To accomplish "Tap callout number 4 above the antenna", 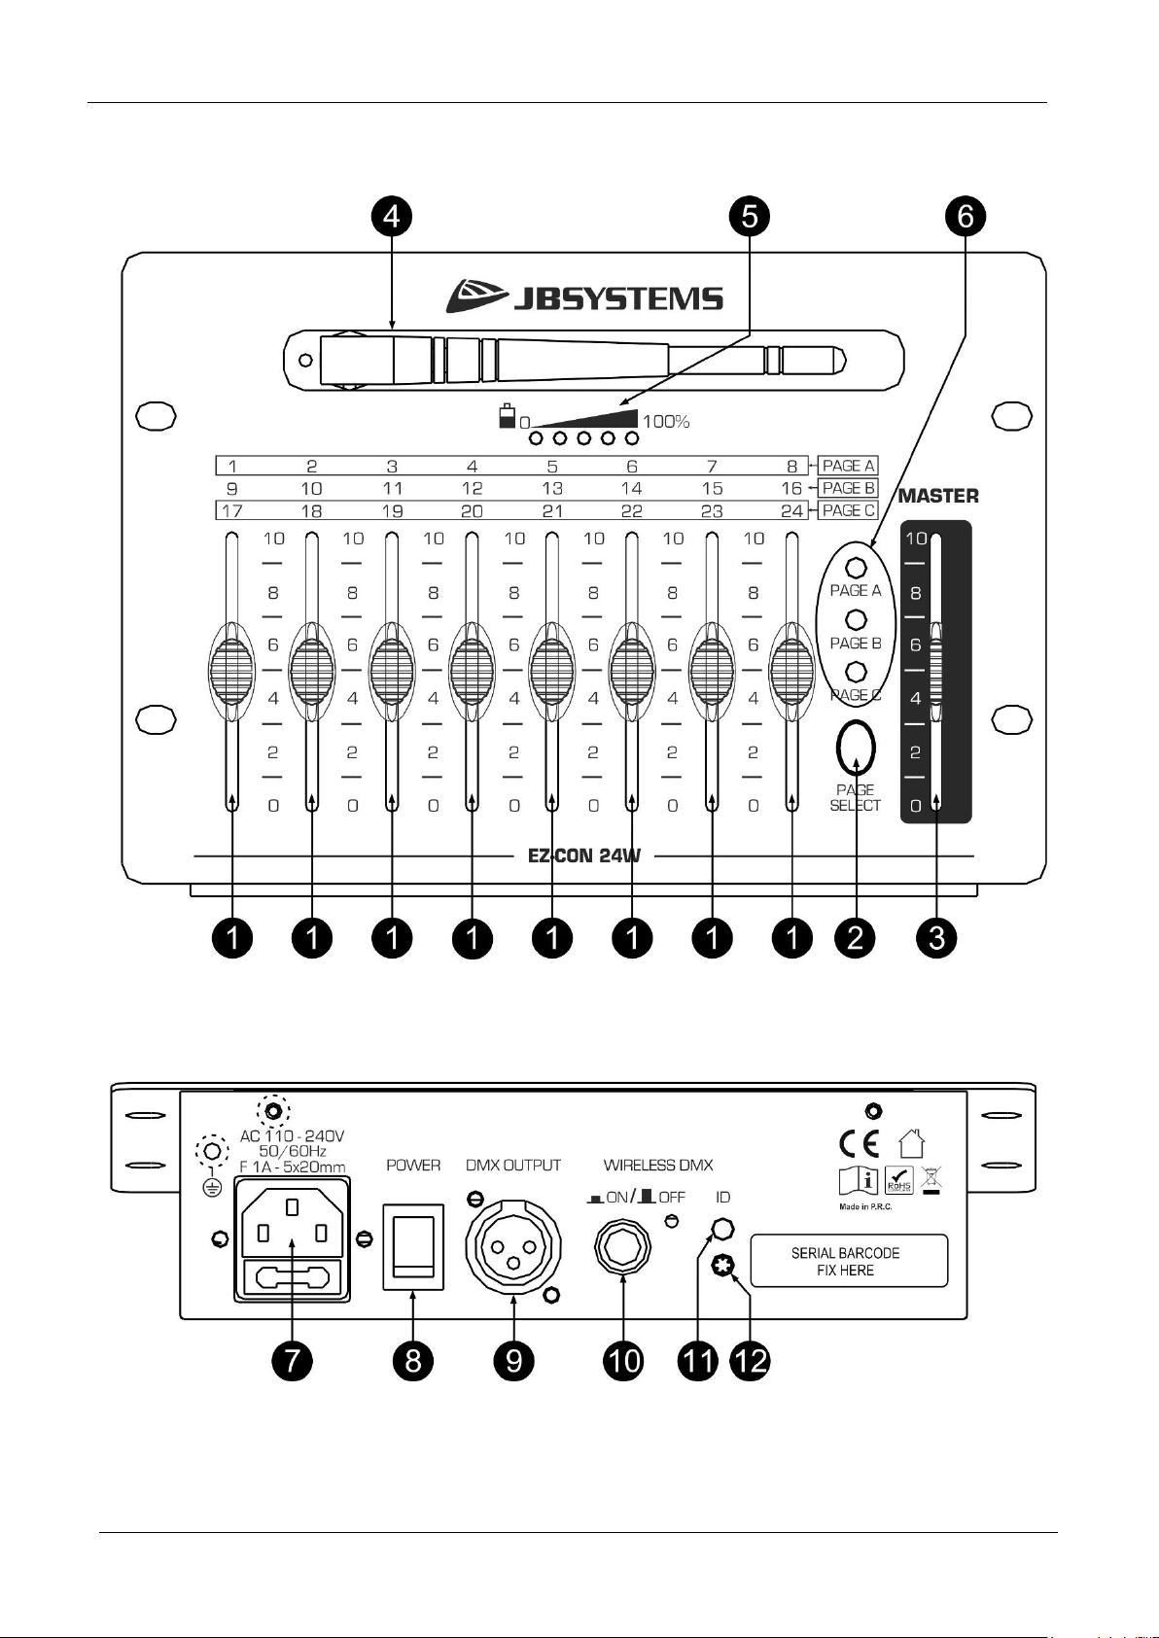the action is [x=392, y=216].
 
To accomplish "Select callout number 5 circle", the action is [x=750, y=216].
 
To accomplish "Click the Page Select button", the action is [x=856, y=748].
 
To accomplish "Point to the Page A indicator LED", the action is [x=856, y=568].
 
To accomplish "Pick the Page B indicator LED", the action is [x=856, y=620].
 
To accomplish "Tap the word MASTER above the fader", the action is [x=938, y=496].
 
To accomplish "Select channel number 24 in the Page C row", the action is [x=791, y=510].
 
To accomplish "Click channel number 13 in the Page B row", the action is [x=552, y=488].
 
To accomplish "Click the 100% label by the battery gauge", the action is [x=665, y=421].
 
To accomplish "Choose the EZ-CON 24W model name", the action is [x=583, y=854].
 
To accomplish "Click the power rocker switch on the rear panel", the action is [x=413, y=1247].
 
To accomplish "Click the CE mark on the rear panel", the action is [x=860, y=1143].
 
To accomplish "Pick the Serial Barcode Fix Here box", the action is [x=849, y=1261].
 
